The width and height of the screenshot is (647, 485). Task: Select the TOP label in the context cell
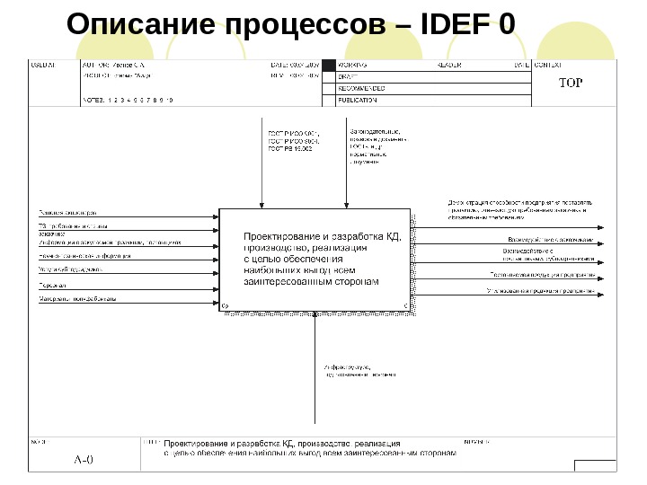tap(572, 84)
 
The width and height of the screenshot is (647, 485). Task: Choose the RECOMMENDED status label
tap(362, 89)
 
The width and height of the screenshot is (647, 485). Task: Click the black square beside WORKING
tap(328, 66)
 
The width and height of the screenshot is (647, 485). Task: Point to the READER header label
tap(449, 66)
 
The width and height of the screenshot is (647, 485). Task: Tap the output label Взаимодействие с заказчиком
tap(551, 240)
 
